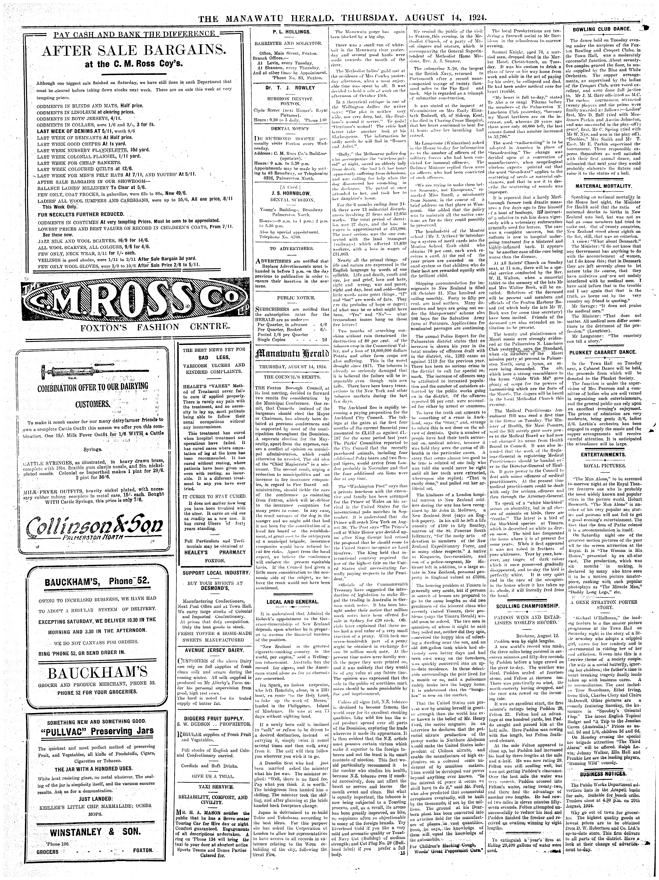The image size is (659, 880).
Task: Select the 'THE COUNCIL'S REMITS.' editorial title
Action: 293,376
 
